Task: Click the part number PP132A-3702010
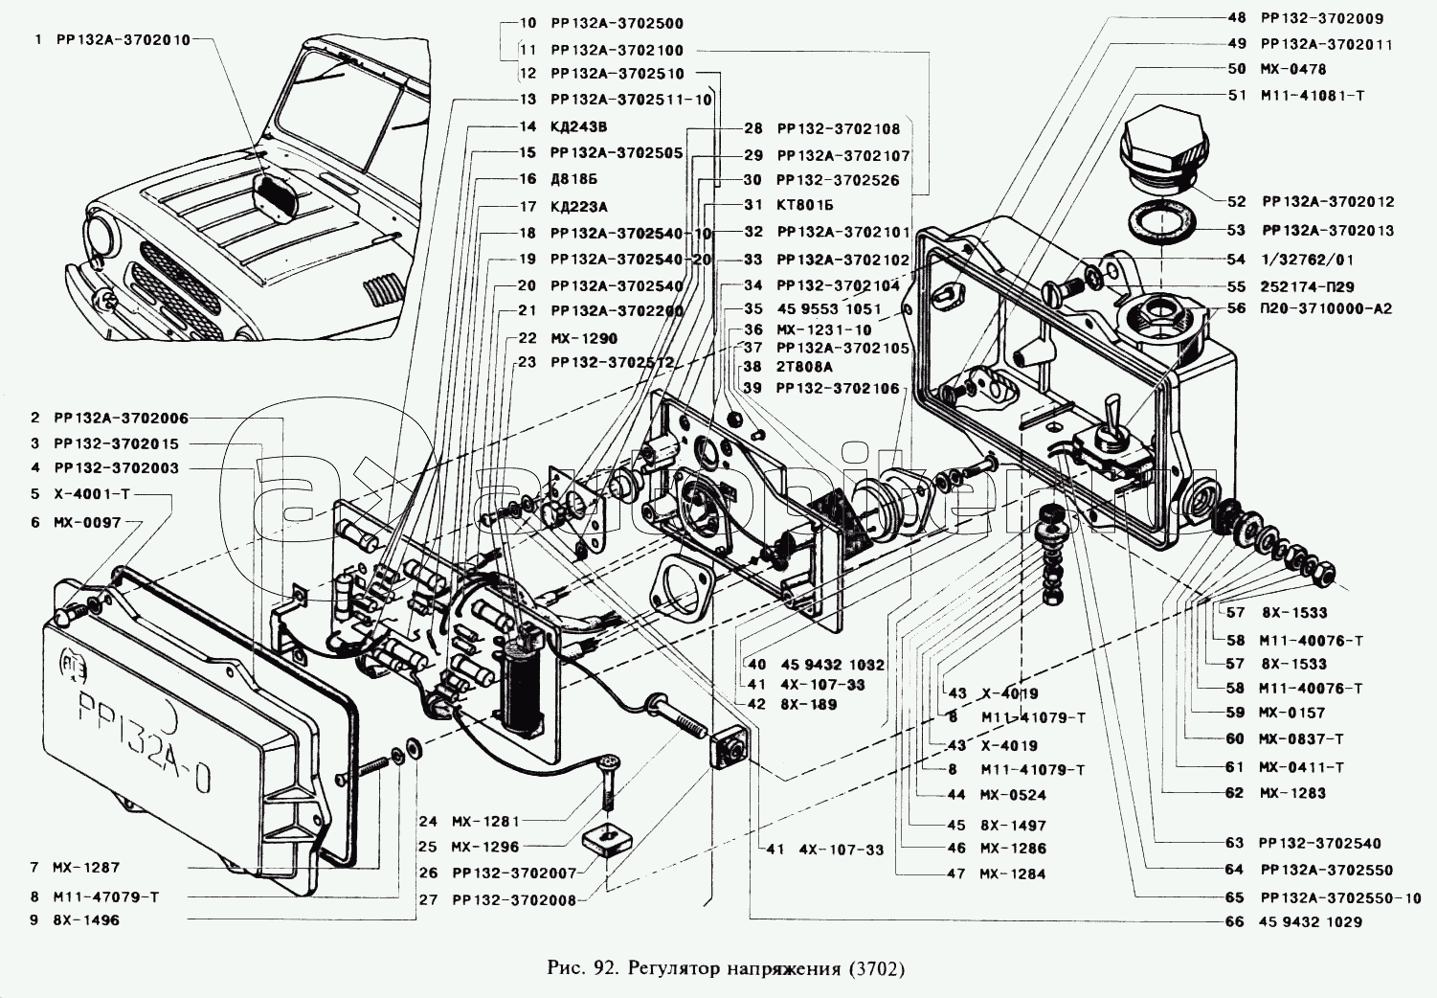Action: click(x=123, y=40)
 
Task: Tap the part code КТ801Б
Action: click(x=805, y=205)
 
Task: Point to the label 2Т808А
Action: click(x=804, y=367)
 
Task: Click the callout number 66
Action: click(x=1234, y=922)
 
